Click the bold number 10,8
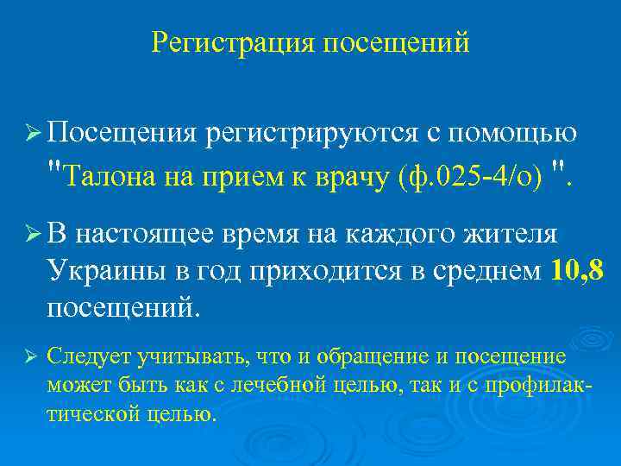click(576, 271)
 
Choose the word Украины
click(105, 271)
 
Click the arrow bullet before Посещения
click(33, 133)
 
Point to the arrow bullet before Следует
click(33, 356)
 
